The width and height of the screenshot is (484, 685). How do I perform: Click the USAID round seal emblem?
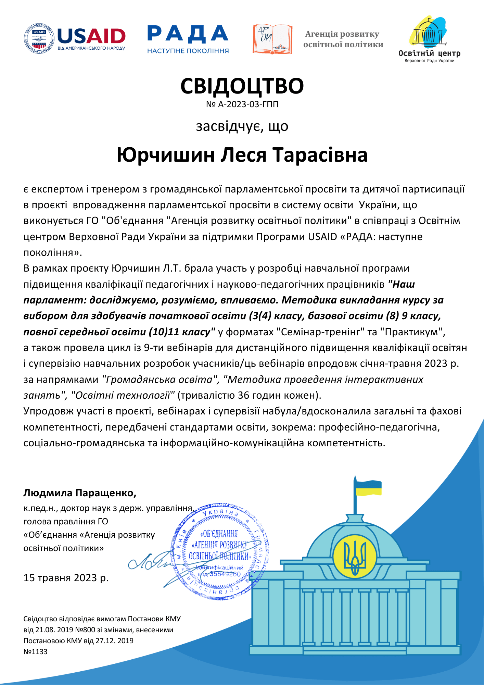[x=39, y=39]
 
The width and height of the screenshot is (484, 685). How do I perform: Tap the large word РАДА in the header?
[x=188, y=34]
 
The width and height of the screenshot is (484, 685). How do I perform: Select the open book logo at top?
[x=272, y=39]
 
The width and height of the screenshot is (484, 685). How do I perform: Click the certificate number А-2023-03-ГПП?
[x=248, y=104]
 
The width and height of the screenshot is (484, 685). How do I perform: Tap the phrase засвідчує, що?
[x=242, y=126]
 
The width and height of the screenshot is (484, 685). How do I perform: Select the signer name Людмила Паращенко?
[x=80, y=493]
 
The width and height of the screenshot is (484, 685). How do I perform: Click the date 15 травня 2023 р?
[x=66, y=578]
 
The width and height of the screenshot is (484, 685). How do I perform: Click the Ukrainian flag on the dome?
[x=368, y=488]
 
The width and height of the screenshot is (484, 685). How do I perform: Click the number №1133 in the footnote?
[x=36, y=651]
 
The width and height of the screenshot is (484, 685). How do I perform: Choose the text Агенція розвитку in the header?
[x=342, y=34]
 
